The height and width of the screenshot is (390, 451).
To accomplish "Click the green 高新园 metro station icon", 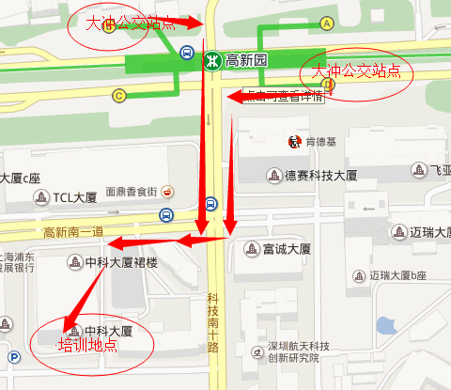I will click(212, 60).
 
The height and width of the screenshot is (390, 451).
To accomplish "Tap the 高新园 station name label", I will click(247, 60).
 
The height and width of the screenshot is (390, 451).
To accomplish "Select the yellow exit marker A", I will click(327, 23).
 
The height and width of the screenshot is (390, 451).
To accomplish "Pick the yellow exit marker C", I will click(118, 94).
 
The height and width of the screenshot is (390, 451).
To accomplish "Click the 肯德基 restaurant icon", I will click(294, 142).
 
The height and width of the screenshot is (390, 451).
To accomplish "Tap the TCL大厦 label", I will click(74, 197).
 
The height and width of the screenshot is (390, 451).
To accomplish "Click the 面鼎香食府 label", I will click(131, 191).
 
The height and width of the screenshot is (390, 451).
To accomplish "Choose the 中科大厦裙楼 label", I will click(121, 262).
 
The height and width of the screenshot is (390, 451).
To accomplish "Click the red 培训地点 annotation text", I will click(87, 345).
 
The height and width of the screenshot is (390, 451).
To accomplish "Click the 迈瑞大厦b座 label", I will click(397, 275).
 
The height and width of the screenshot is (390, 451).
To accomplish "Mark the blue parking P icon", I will click(14, 356).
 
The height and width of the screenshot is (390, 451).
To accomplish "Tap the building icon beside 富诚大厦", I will click(251, 249).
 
